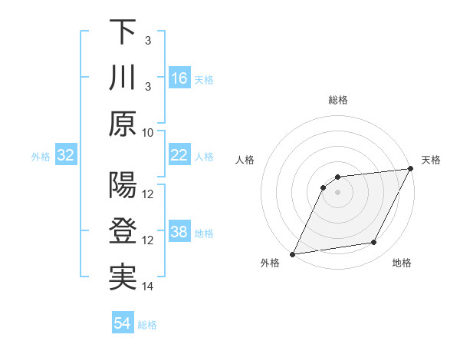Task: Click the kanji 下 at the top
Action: (x=123, y=32)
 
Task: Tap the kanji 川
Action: (x=123, y=78)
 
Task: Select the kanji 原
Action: (x=123, y=124)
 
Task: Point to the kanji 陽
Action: (x=123, y=186)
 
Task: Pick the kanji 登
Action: (x=123, y=232)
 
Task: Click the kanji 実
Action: (x=123, y=278)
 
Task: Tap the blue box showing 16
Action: (x=179, y=78)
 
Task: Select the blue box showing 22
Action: (x=179, y=155)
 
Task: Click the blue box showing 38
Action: (x=179, y=233)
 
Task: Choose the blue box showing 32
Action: (x=65, y=156)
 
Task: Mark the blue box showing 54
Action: (x=122, y=323)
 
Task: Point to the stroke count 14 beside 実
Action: (x=148, y=286)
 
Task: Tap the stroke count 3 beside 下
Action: (x=148, y=40)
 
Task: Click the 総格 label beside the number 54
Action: (x=148, y=325)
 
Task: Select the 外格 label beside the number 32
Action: (x=41, y=157)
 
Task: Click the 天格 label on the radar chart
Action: (x=431, y=160)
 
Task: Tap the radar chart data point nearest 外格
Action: (x=292, y=254)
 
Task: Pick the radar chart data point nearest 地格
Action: (x=374, y=243)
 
